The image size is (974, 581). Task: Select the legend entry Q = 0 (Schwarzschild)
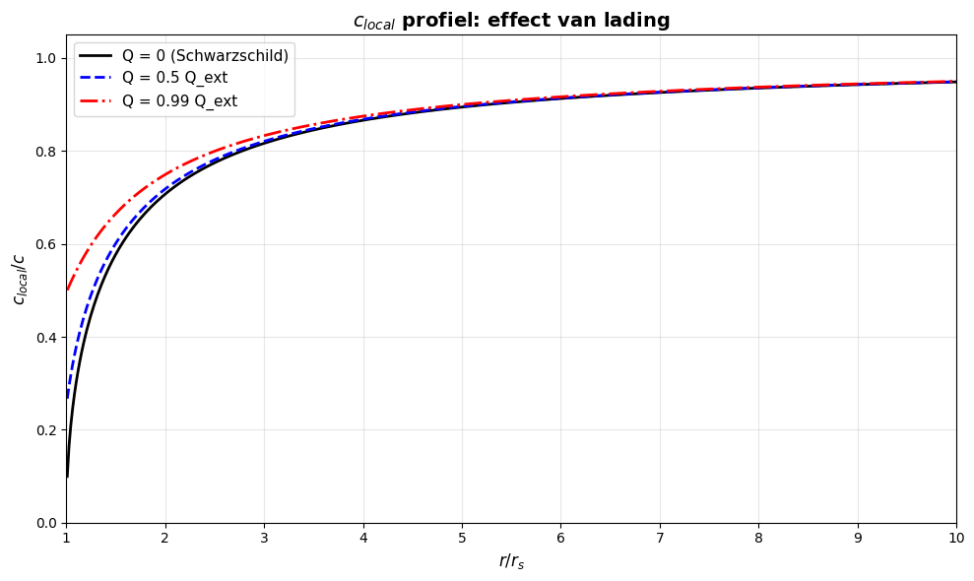click(205, 55)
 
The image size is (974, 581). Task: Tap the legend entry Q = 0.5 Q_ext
click(174, 78)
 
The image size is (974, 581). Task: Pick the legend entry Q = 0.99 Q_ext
click(179, 100)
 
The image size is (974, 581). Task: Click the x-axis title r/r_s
click(511, 562)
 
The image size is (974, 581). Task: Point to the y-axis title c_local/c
click(19, 279)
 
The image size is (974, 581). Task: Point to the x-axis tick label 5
click(462, 538)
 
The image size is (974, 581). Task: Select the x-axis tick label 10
click(955, 538)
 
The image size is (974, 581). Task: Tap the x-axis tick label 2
click(165, 538)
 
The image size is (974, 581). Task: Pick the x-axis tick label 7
click(660, 538)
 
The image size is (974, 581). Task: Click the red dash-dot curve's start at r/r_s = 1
click(67, 290)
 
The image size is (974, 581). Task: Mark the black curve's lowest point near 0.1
click(67, 477)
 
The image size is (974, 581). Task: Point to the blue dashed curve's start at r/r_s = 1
click(67, 397)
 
